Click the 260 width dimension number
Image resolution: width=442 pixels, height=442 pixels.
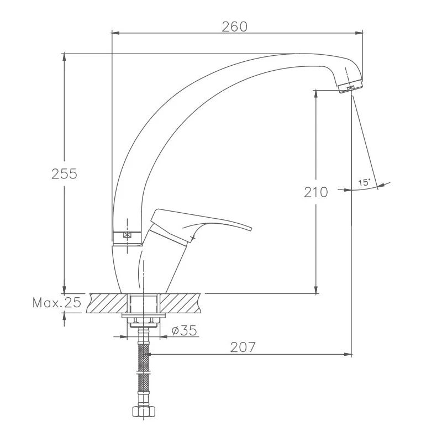coord(234,27)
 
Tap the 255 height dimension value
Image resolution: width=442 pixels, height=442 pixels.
coord(64,173)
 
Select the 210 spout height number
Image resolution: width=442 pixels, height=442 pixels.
coord(316,192)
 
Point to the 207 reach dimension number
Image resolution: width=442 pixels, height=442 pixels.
coord(243,348)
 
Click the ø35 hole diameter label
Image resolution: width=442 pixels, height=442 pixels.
coord(184,330)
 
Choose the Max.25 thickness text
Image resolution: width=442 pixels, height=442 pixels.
coord(57,303)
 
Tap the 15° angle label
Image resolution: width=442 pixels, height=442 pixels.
coord(364,183)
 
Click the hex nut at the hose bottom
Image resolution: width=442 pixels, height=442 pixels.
coord(144,411)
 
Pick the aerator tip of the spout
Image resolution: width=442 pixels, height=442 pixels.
coord(350,86)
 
